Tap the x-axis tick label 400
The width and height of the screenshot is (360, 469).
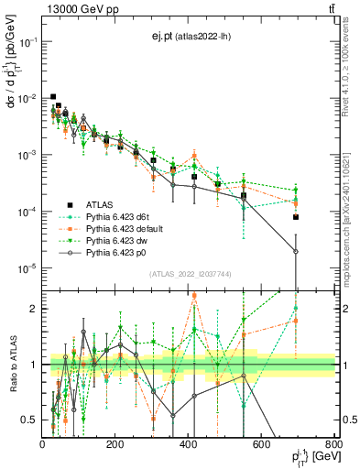coord(189,444)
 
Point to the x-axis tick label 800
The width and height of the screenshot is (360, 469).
coord(334,444)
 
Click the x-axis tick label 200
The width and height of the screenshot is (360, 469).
coord(115,444)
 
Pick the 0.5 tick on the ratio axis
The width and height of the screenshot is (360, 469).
coord(30,420)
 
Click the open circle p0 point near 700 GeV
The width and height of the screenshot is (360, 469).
coord(296,252)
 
